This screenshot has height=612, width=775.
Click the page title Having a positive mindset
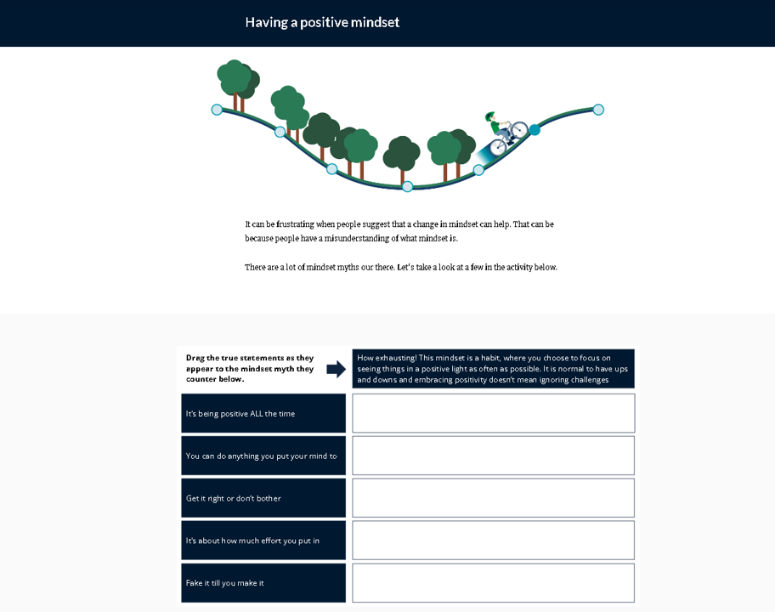(322, 22)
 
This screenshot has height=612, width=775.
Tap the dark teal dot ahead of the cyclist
(535, 130)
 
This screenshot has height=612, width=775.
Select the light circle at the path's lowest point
(408, 186)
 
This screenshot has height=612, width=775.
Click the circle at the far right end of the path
(598, 110)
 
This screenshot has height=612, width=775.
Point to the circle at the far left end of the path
(217, 110)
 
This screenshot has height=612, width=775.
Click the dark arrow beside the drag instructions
(336, 369)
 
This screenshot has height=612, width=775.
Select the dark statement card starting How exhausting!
(493, 369)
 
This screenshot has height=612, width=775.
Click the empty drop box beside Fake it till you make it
(493, 583)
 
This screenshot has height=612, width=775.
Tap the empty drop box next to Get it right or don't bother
(493, 498)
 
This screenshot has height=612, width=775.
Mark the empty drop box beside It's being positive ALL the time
(493, 413)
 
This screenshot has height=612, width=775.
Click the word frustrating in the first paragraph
(297, 224)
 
